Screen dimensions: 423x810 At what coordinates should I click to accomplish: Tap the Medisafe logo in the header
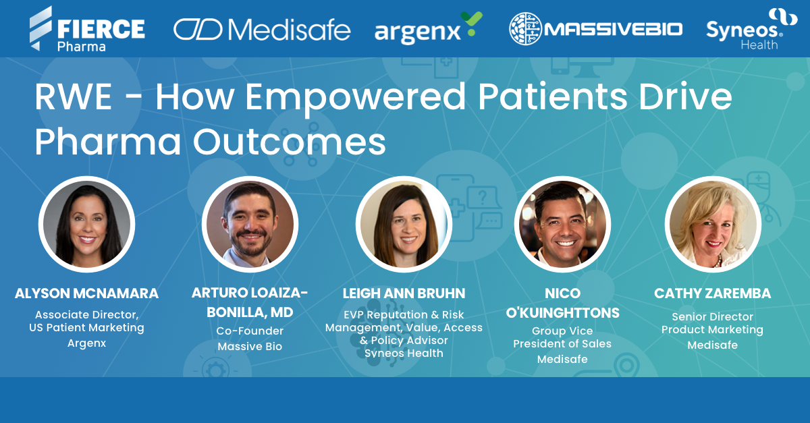(x=262, y=29)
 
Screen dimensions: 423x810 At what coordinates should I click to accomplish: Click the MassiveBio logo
(x=595, y=29)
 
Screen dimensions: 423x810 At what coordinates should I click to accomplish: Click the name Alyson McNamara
(x=86, y=293)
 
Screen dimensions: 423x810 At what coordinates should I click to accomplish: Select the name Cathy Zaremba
(x=712, y=293)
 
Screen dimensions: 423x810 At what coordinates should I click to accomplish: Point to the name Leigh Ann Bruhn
(x=404, y=293)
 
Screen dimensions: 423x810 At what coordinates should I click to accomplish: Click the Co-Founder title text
(x=250, y=331)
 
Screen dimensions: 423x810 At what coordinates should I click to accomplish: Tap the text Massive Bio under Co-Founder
(x=250, y=347)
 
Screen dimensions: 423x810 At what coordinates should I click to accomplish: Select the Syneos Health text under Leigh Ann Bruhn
(x=404, y=353)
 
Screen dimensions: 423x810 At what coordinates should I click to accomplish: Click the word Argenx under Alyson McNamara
(x=86, y=343)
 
